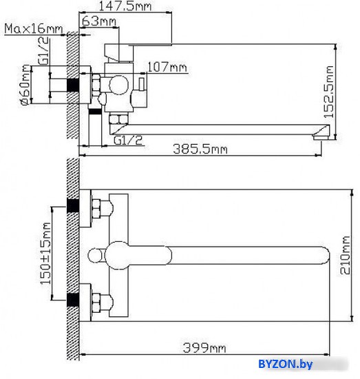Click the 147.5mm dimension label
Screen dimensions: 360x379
click(125, 6)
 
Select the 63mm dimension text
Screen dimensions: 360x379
click(98, 21)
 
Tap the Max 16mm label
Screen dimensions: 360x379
click(34, 29)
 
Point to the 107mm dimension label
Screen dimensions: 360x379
click(167, 67)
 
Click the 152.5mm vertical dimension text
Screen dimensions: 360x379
click(329, 92)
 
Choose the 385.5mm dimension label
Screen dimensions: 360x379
click(200, 149)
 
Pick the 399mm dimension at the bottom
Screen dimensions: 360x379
click(204, 348)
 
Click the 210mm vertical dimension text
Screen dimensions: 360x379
click(346, 255)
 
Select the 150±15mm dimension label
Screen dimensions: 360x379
click(46, 254)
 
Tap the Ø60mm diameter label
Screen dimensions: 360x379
click(26, 85)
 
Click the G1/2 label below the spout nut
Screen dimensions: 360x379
click(128, 141)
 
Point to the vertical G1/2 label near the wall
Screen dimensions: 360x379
click(43, 51)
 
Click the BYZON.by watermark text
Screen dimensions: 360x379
click(286, 364)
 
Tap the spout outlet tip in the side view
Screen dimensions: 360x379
click(321, 137)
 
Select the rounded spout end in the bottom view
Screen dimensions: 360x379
click(326, 256)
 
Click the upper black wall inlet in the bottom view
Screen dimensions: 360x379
click(73, 205)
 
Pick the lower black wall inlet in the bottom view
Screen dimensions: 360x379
click(73, 300)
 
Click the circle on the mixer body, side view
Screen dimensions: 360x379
click(119, 85)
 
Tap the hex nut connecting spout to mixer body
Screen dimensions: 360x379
click(118, 119)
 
